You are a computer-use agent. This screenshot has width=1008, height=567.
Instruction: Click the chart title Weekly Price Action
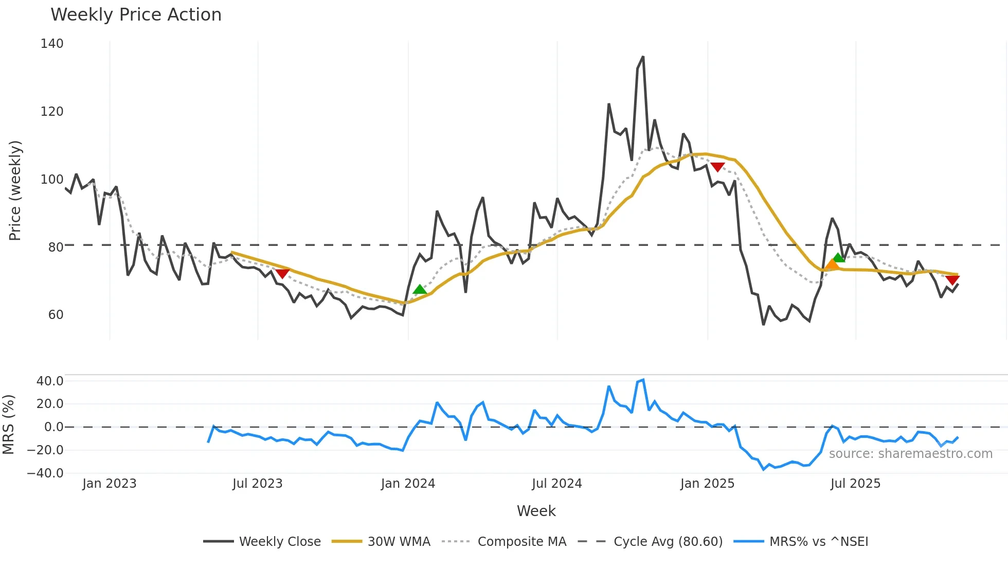point(136,15)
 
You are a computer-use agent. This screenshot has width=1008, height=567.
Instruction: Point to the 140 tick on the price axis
point(52,44)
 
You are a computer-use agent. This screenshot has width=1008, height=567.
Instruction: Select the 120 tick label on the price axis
point(52,112)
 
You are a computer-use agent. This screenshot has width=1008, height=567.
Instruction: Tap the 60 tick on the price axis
point(56,315)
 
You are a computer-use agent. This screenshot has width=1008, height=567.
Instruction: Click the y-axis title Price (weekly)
point(15,190)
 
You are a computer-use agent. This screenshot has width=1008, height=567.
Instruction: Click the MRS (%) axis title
point(8,424)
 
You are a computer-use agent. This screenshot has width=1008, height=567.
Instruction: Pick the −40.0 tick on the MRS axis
point(45,473)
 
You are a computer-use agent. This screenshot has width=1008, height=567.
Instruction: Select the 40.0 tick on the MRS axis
point(49,381)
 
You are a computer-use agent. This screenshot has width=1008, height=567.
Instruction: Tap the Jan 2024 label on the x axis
point(408,484)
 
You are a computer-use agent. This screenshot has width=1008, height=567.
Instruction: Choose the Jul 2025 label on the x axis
point(855,484)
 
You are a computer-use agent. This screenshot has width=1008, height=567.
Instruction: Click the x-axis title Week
point(536,511)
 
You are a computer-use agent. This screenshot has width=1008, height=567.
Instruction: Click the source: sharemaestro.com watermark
point(910,454)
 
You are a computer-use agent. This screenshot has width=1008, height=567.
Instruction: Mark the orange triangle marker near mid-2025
point(832,265)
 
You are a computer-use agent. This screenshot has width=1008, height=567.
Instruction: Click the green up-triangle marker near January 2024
point(420,290)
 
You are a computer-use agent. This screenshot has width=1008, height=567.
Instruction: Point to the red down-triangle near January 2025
point(717,167)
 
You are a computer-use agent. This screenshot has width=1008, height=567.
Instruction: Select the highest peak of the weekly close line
point(643,57)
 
